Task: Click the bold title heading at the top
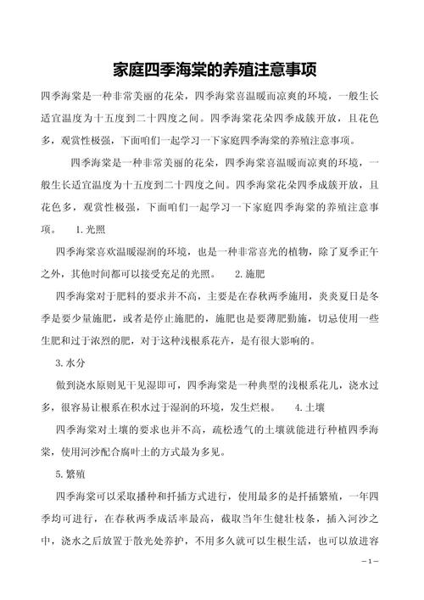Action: (x=212, y=68)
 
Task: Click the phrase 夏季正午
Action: (x=358, y=252)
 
